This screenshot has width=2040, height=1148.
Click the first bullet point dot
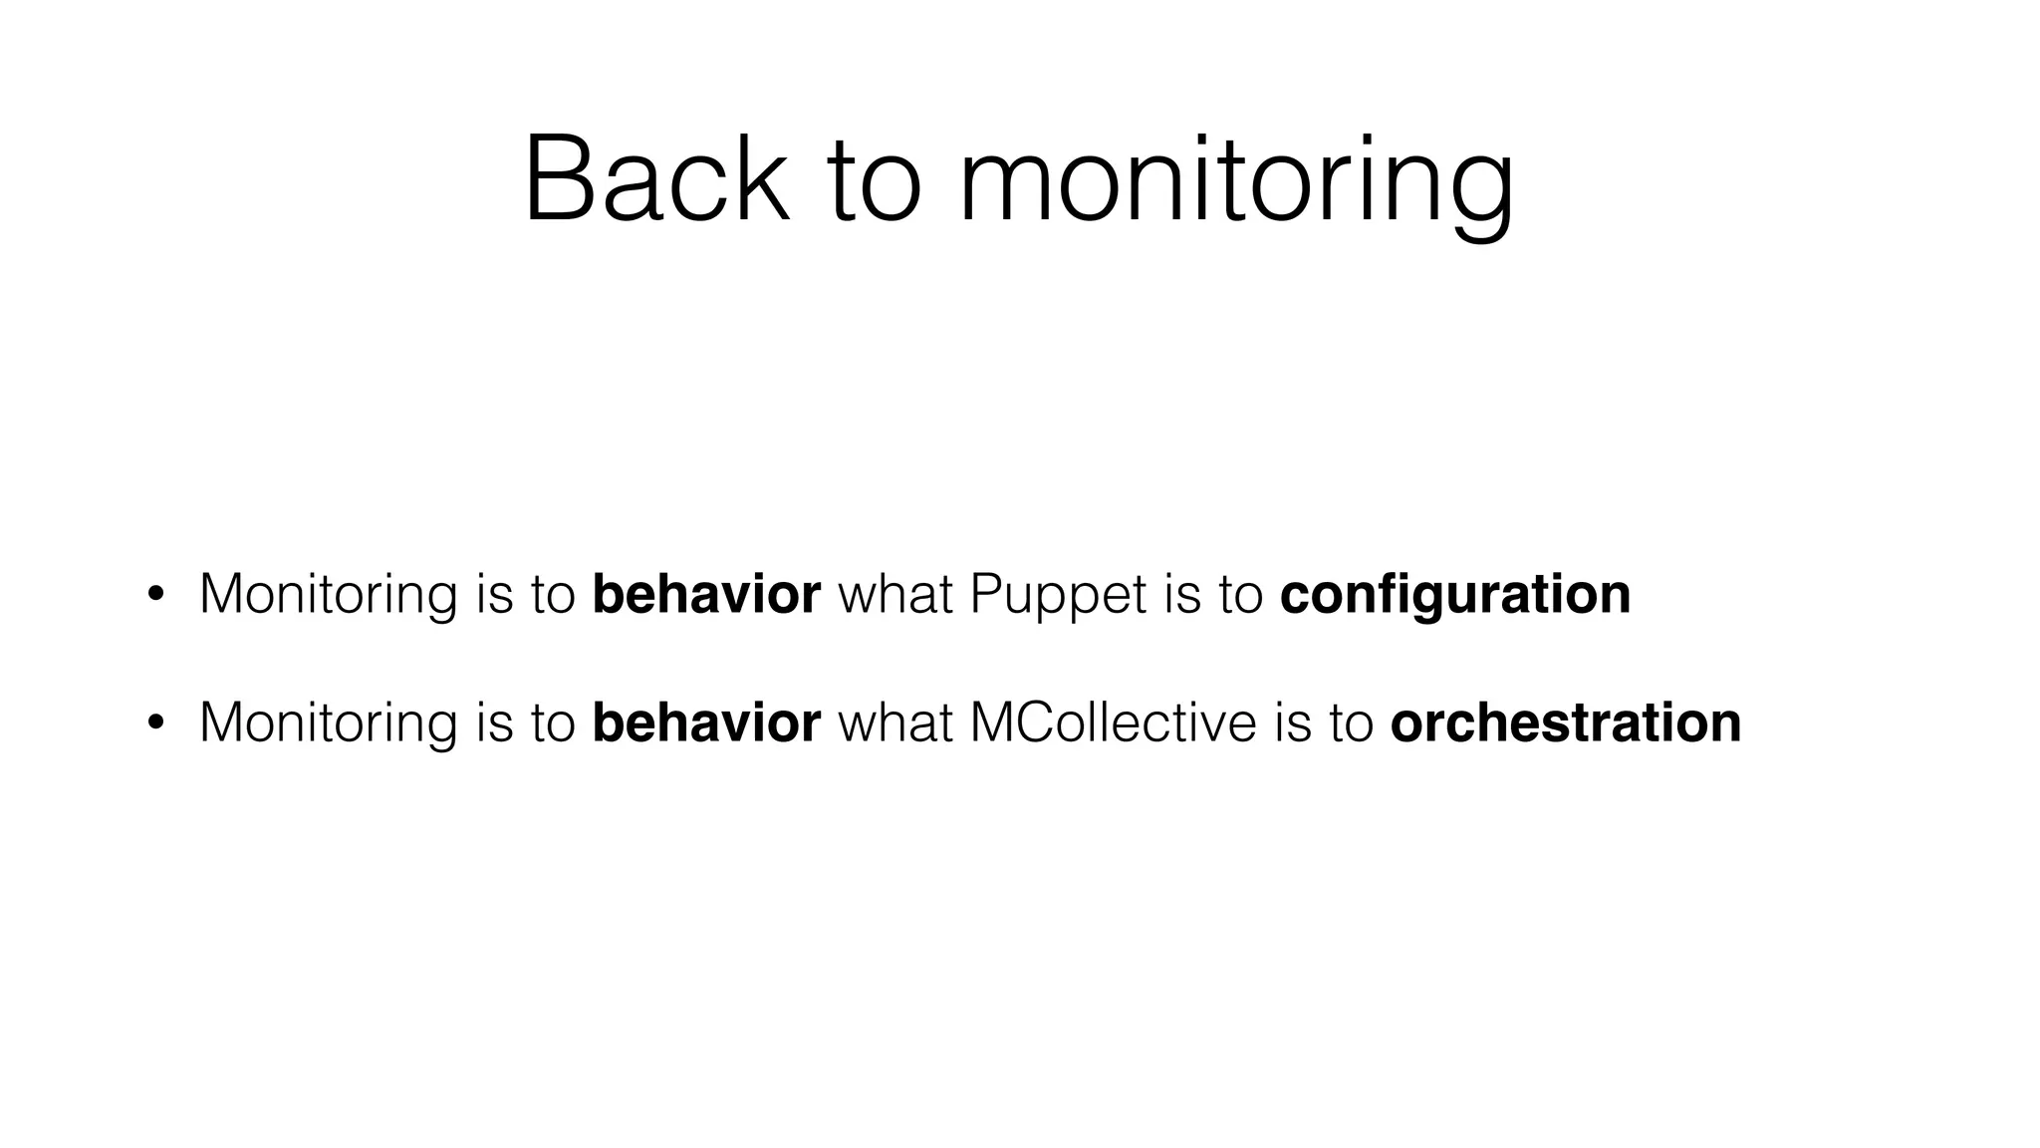pos(154,595)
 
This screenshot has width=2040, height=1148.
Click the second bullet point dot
pos(154,723)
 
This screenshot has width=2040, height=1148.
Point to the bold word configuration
pos(1454,595)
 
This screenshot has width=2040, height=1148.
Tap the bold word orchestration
pos(1565,723)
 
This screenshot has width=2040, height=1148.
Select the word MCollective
pos(1113,723)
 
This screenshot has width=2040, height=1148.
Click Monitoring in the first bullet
pos(328,595)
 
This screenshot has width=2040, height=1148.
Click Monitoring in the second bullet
pos(328,723)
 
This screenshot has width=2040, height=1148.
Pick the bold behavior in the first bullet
pos(706,595)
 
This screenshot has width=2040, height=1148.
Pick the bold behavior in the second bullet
pos(706,723)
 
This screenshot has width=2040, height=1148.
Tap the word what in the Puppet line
pos(895,595)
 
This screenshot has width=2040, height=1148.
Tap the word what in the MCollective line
pos(895,723)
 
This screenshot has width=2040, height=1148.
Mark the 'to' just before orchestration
pos(1351,723)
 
